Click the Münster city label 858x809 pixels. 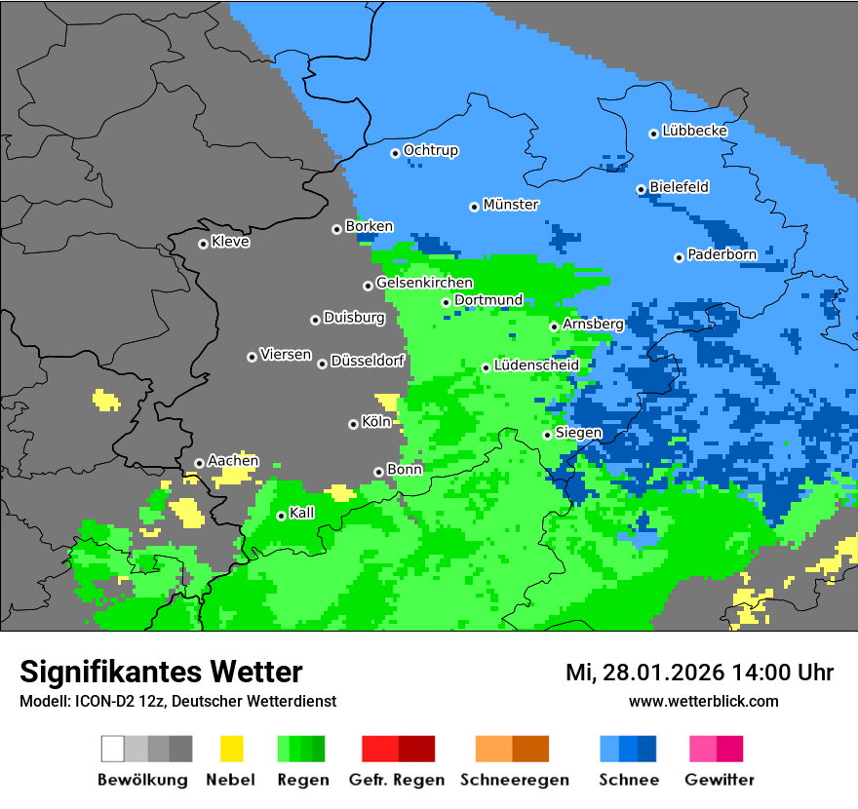pos(511,205)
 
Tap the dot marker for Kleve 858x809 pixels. pos(203,244)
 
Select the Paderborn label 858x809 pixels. pos(721,255)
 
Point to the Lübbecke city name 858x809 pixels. pos(694,131)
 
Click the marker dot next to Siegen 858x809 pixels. pos(547,435)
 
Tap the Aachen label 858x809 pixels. pos(233,461)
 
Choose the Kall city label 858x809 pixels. pos(302,513)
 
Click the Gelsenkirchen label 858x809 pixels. pos(424,283)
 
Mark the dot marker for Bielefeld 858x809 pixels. pos(641,189)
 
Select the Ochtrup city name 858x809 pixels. pos(431,151)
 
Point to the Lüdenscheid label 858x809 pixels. pos(536,366)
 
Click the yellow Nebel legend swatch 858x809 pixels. pos(231,749)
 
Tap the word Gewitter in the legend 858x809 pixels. pos(720,780)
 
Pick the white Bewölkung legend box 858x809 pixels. pos(113,749)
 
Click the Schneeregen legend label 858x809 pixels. pos(513,780)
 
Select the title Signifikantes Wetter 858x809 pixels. pos(161,672)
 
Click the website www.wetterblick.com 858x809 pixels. pos(704,701)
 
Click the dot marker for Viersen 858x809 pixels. pos(252,357)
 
